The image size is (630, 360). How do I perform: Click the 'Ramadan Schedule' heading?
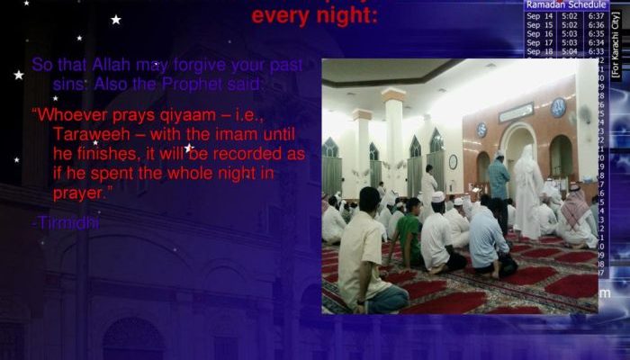point(565,5)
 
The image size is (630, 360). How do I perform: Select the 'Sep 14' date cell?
point(540,16)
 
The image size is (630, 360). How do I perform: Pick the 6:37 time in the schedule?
point(595,16)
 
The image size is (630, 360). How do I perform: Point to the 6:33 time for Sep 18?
point(595,52)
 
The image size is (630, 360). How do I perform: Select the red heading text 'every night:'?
point(314,16)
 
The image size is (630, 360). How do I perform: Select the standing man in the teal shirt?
point(499,179)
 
